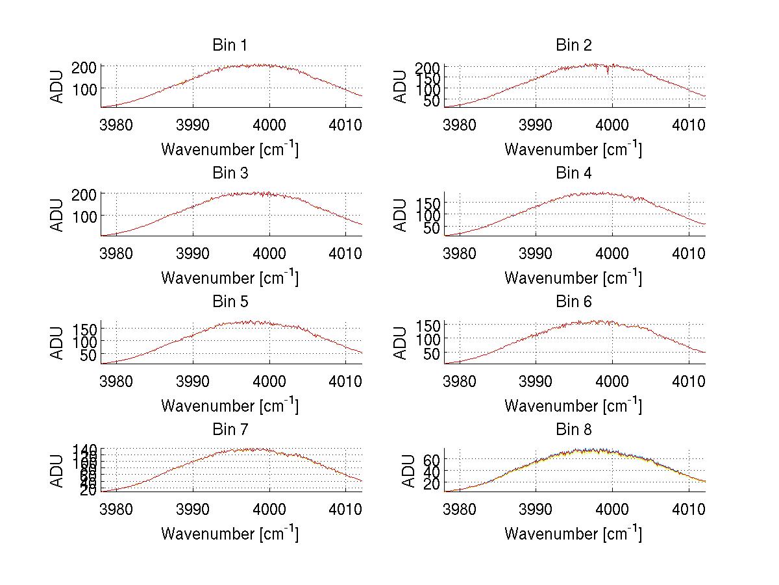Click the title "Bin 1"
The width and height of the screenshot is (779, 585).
(x=229, y=45)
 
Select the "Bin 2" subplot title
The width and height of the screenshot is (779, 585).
(x=573, y=45)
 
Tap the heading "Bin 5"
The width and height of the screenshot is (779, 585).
(x=229, y=302)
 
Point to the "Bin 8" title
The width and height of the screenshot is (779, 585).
(x=573, y=430)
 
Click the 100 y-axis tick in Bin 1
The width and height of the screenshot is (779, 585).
(x=89, y=88)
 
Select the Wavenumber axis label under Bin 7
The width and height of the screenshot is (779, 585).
(x=229, y=533)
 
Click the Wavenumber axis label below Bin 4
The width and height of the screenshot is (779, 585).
(x=573, y=277)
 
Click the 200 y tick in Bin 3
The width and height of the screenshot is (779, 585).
(x=89, y=194)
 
